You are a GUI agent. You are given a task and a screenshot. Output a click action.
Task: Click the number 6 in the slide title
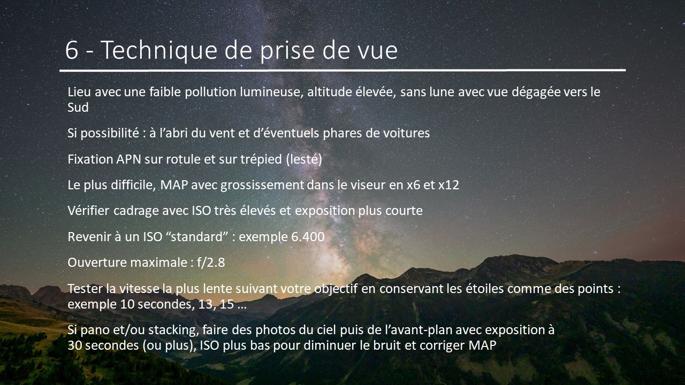pos(72,50)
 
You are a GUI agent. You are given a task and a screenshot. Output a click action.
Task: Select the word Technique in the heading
pos(159,51)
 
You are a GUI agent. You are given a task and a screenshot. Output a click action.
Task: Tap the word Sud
pos(78,107)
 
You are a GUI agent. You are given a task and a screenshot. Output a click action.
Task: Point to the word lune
pos(443,91)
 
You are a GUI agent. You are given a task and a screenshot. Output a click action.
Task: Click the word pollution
pos(210,93)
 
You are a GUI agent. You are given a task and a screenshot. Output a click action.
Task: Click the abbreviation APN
pos(128,159)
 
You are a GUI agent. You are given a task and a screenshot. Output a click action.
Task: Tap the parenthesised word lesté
pos(304,159)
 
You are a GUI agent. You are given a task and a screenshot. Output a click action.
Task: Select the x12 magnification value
pos(448,185)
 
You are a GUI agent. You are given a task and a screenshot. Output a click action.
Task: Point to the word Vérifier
pos(88,211)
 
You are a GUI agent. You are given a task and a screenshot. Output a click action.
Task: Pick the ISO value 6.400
pos(308,237)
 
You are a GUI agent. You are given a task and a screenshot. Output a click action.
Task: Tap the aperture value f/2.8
pos(211,263)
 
